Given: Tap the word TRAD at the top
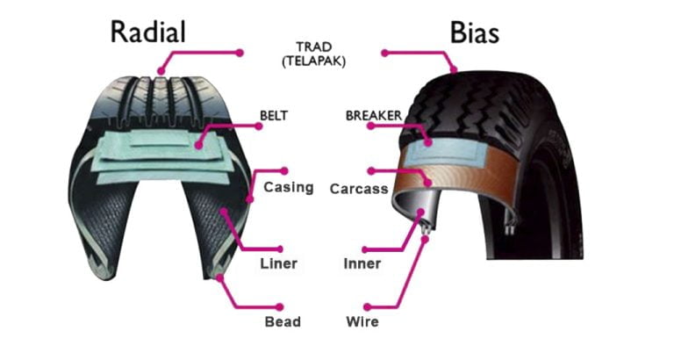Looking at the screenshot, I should click(314, 46).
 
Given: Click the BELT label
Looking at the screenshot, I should click(275, 115).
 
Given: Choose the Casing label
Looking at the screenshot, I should click(288, 187).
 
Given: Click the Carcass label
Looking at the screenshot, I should click(359, 189).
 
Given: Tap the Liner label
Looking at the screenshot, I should click(278, 263).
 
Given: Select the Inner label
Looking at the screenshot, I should click(362, 263).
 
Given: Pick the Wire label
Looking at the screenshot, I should click(362, 321).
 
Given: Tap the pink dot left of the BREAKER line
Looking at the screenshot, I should click(369, 126).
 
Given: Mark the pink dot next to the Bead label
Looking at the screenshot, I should click(279, 306).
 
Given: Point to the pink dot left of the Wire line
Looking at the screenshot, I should click(364, 307).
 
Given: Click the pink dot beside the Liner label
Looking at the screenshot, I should click(279, 248).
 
